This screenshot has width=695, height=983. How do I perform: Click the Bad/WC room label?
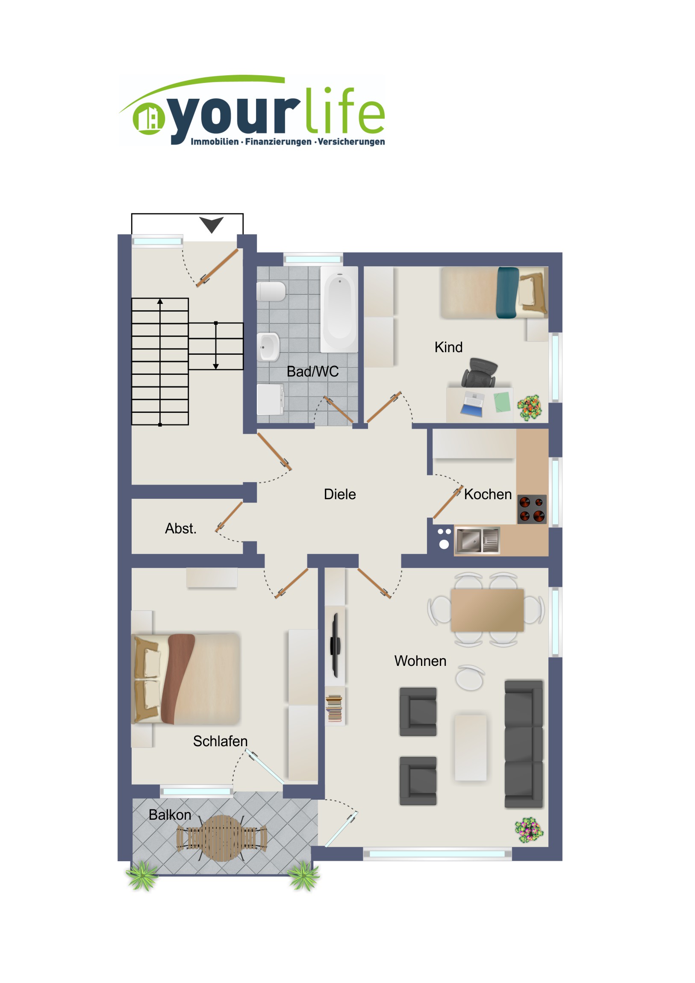tap(312, 372)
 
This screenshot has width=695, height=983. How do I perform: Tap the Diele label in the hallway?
tap(339, 494)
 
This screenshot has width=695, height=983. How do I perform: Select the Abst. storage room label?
tap(181, 528)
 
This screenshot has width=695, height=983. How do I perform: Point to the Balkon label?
tap(170, 815)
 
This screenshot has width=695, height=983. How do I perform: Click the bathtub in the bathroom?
tap(339, 309)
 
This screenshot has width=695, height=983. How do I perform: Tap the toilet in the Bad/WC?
tap(271, 291)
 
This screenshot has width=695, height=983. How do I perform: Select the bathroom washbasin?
tap(268, 347)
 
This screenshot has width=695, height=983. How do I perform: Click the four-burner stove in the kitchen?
tap(532, 509)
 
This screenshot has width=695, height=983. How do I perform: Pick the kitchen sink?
tap(477, 540)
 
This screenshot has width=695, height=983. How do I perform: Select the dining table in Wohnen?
tap(487, 610)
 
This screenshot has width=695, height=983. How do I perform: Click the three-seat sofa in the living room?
tap(523, 744)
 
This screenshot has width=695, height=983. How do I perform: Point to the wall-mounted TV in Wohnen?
tap(335, 645)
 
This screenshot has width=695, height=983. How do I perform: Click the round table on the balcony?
tap(222, 838)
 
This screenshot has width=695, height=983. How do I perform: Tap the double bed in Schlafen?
tap(186, 679)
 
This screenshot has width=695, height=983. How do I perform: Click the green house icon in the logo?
tap(149, 118)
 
